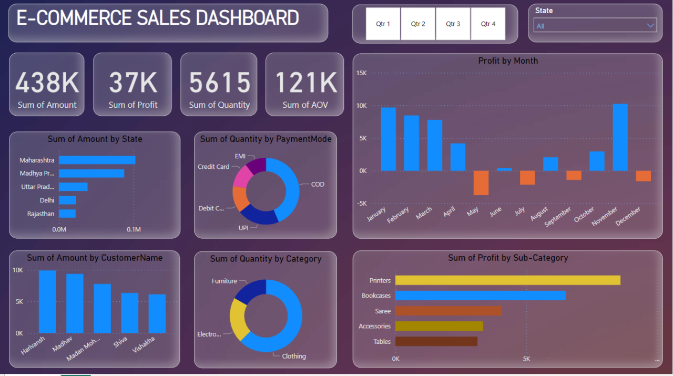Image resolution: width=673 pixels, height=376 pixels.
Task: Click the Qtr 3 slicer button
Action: pyautogui.click(x=453, y=24)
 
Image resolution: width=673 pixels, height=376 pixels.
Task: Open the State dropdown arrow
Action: pyautogui.click(x=651, y=25)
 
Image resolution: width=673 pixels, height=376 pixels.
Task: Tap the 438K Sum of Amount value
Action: pyautogui.click(x=47, y=83)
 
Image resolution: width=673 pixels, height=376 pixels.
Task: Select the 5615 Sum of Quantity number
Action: pyautogui.click(x=219, y=83)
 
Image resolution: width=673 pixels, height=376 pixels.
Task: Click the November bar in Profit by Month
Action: pyautogui.click(x=620, y=137)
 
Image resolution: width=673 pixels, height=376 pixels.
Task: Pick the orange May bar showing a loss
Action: pyautogui.click(x=481, y=182)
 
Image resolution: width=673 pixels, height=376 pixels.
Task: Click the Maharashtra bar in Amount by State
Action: pyautogui.click(x=97, y=160)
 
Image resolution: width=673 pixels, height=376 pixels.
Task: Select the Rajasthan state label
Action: pyautogui.click(x=40, y=214)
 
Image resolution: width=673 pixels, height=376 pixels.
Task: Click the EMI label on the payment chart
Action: pyautogui.click(x=240, y=156)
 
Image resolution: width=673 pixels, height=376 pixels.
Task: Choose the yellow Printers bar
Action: pyautogui.click(x=507, y=280)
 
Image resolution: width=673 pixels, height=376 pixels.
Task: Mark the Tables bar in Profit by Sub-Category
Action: pyautogui.click(x=436, y=341)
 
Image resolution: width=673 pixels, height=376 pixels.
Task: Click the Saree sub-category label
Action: pyautogui.click(x=383, y=311)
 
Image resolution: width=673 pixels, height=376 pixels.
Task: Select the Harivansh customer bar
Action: pyautogui.click(x=47, y=301)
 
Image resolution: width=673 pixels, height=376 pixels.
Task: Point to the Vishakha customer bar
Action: pyautogui.click(x=157, y=313)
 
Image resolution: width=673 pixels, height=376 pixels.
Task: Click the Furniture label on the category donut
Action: pyautogui.click(x=224, y=281)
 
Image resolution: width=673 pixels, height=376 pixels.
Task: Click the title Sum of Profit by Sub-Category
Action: pyautogui.click(x=507, y=258)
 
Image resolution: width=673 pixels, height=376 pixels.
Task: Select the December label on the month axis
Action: pyautogui.click(x=628, y=216)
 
